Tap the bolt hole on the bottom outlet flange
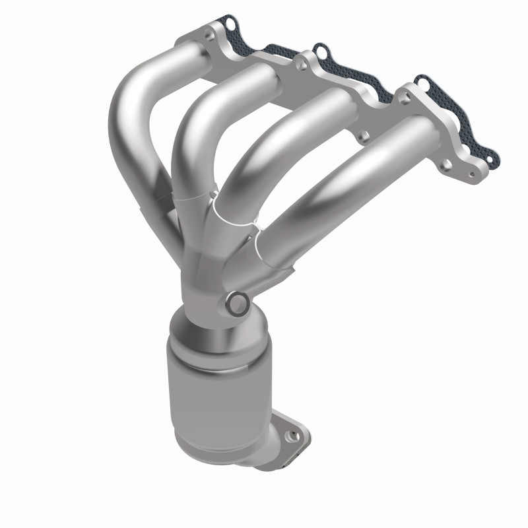point(288,435)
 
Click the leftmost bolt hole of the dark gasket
point(230,25)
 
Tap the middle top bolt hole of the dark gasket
point(319,49)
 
